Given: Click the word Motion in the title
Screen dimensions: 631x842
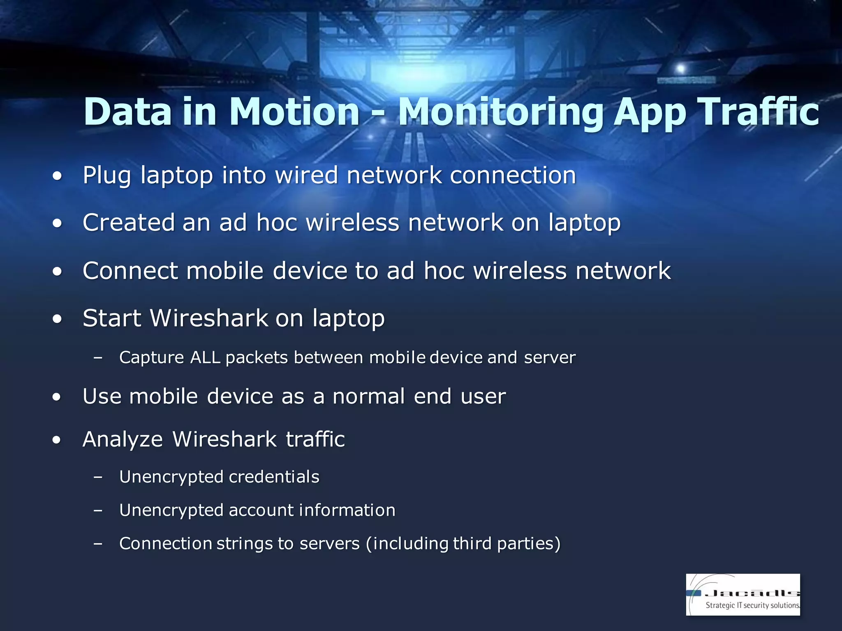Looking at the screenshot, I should [x=294, y=112].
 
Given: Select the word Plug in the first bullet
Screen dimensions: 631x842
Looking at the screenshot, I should [x=106, y=175].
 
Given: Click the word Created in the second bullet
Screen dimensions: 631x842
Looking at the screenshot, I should [x=129, y=223].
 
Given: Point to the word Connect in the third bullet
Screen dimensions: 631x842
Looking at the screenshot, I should [x=130, y=271].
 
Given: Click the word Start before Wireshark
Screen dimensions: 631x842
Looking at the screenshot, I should [x=112, y=318].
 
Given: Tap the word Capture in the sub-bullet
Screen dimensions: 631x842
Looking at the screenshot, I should [x=151, y=357].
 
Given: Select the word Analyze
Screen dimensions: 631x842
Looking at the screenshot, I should [x=123, y=440].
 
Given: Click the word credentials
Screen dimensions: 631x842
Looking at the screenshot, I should [x=274, y=477].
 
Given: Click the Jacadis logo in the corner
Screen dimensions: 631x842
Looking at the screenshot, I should [x=743, y=594].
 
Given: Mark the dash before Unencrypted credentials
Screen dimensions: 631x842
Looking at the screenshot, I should [x=98, y=477].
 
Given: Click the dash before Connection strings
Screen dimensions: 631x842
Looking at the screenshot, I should [x=98, y=544].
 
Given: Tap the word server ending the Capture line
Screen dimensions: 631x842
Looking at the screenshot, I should [x=550, y=357].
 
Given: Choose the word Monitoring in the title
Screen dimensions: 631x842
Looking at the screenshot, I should [x=501, y=112].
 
